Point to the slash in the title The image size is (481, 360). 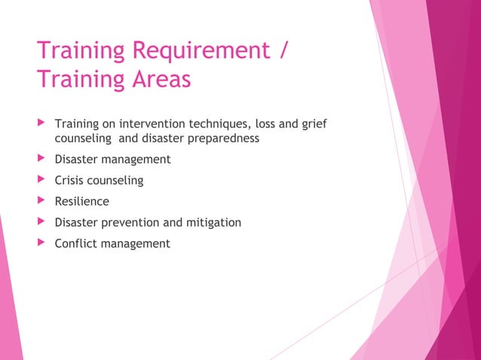283,51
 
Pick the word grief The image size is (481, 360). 314,124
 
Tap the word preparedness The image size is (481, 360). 225,139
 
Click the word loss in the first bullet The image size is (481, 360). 264,124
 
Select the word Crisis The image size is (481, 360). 70,181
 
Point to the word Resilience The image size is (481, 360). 81,202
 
